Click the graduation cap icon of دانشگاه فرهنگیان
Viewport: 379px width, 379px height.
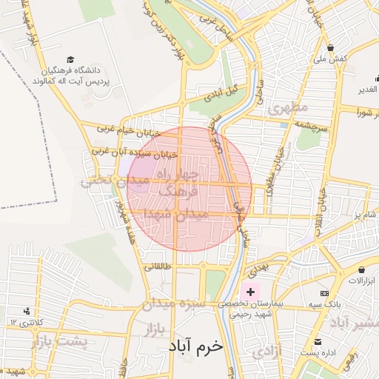pos(70,59)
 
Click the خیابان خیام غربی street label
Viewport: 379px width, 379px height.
pos(127,130)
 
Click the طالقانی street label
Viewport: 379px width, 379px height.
pos(158,266)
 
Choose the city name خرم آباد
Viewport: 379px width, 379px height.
pos(195,346)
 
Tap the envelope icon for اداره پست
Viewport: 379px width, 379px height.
pos(318,342)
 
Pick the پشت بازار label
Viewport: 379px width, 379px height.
pos(59,342)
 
